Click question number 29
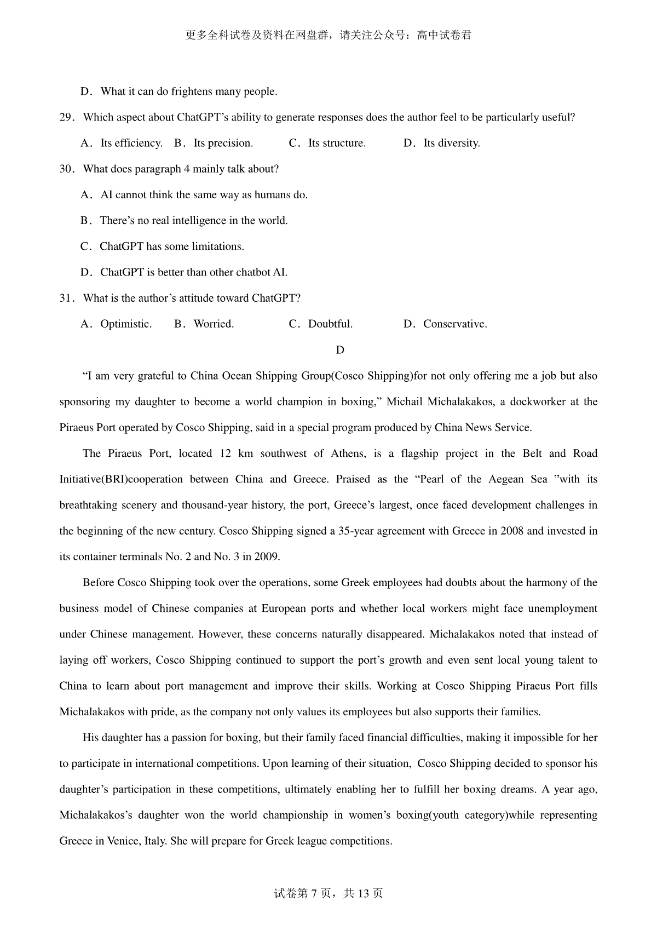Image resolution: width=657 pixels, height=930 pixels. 66,118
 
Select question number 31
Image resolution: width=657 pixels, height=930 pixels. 66,298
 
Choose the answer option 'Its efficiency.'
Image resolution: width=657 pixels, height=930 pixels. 131,143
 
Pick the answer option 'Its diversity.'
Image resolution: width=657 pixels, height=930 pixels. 451,143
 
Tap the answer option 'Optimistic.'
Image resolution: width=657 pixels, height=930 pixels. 126,324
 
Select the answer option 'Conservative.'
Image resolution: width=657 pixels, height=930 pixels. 454,324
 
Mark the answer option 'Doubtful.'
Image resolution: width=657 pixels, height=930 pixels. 330,324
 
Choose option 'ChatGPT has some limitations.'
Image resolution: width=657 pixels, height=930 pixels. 171,246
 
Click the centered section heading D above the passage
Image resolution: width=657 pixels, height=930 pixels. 340,350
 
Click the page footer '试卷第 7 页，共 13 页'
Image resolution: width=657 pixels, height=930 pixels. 328,893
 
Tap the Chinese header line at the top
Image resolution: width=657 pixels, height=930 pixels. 328,36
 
